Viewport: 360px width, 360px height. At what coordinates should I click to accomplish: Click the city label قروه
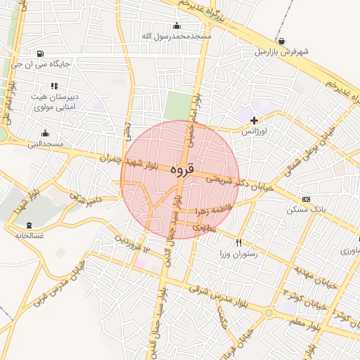[181, 169]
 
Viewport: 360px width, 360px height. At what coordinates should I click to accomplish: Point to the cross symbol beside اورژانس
[254, 121]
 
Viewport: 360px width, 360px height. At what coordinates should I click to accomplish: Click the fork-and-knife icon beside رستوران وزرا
[239, 243]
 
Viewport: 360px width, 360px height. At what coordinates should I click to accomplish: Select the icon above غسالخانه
[29, 225]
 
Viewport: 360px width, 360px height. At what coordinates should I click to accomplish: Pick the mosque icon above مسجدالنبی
[46, 133]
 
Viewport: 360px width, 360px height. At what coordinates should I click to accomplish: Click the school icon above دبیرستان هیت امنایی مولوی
[54, 86]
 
